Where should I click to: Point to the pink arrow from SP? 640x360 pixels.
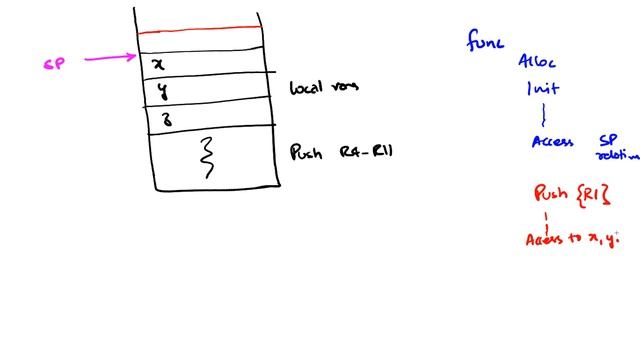click(110, 58)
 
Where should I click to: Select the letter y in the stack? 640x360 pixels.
click(161, 93)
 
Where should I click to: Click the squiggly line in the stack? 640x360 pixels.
click(209, 157)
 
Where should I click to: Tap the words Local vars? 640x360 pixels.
click(323, 87)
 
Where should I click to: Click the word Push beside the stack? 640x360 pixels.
click(306, 153)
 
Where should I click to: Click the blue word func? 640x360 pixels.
click(486, 41)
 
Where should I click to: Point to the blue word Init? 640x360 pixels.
click(543, 88)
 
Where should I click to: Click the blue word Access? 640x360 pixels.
click(552, 142)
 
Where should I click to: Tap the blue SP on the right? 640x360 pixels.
click(608, 141)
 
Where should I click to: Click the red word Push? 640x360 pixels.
click(551, 193)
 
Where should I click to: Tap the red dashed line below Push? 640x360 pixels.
click(546, 218)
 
